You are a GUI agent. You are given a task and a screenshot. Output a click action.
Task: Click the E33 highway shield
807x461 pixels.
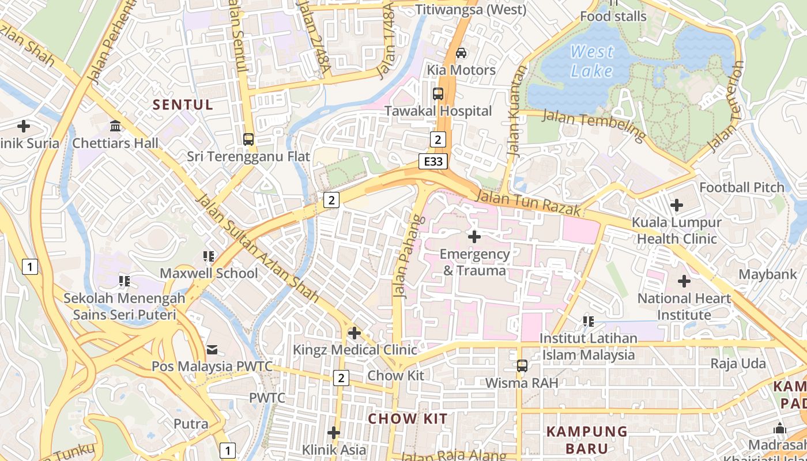pyautogui.click(x=433, y=162)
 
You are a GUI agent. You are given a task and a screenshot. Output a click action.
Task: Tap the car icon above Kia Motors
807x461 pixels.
pyautogui.click(x=461, y=53)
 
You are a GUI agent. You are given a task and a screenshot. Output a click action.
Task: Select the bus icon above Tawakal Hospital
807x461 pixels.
pyautogui.click(x=438, y=93)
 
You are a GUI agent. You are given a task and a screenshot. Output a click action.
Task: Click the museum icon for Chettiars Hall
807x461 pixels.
pyautogui.click(x=115, y=126)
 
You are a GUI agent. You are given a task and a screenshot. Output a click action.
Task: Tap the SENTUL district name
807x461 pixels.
pyautogui.click(x=183, y=105)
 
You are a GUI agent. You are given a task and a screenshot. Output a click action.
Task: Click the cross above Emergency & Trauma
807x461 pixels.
pyautogui.click(x=474, y=236)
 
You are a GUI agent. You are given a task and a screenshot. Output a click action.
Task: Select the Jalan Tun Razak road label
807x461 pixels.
pyautogui.click(x=528, y=205)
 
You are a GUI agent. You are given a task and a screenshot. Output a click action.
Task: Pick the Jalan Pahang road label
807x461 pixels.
pyautogui.click(x=409, y=257)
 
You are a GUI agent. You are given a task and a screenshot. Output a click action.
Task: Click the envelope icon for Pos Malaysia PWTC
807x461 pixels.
pyautogui.click(x=212, y=349)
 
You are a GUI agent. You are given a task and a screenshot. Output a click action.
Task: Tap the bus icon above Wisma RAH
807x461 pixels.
pyautogui.click(x=522, y=365)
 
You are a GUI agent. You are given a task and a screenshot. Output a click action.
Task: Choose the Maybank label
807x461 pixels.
pyautogui.click(x=767, y=274)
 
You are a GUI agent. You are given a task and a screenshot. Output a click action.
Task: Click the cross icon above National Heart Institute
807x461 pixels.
pyautogui.click(x=684, y=281)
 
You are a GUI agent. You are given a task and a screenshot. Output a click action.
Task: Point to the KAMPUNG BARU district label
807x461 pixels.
pyautogui.click(x=587, y=440)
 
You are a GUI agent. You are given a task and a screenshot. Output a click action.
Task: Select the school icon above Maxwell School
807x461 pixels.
pyautogui.click(x=209, y=256)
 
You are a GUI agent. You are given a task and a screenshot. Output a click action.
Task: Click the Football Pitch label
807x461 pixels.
pyautogui.click(x=741, y=187)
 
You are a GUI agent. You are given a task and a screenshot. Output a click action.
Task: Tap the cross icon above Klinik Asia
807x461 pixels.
pyautogui.click(x=334, y=432)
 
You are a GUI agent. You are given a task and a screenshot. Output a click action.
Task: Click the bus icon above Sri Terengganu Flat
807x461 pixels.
pyautogui.click(x=248, y=139)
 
